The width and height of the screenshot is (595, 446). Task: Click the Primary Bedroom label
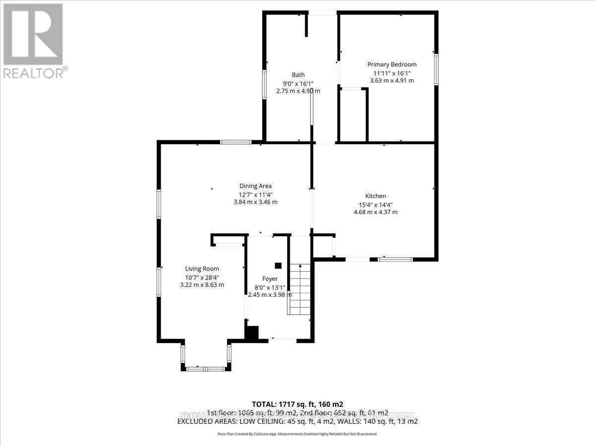(x=392, y=64)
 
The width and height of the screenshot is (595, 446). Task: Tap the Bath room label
(x=298, y=75)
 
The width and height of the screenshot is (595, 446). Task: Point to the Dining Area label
(x=255, y=186)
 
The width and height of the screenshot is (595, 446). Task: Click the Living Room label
(x=202, y=269)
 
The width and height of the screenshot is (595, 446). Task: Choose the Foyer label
(x=270, y=279)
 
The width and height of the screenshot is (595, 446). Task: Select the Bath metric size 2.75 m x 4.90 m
(x=298, y=91)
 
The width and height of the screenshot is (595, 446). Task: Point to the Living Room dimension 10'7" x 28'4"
(x=202, y=277)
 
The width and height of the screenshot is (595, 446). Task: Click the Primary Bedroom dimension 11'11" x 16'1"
(x=392, y=73)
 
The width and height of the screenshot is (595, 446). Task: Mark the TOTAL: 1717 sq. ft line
(x=297, y=404)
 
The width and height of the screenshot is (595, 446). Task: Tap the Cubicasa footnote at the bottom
(x=297, y=434)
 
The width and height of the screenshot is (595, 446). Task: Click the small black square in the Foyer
(x=278, y=265)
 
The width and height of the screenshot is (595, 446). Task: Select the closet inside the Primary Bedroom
(x=354, y=115)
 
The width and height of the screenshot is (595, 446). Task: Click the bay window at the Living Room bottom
(x=205, y=368)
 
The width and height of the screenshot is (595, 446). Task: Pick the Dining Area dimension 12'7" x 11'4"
(x=255, y=194)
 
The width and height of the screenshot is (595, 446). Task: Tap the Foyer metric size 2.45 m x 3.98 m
(x=270, y=295)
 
